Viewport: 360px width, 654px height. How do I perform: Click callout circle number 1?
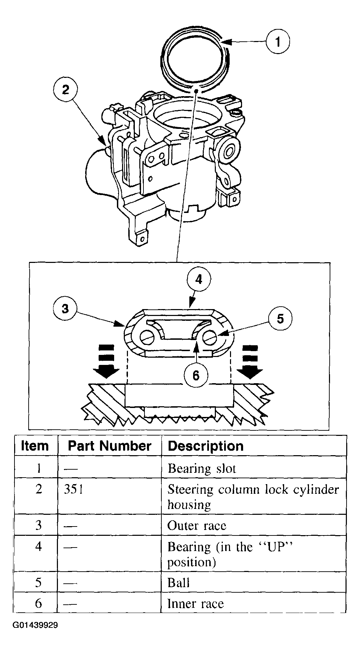point(278,42)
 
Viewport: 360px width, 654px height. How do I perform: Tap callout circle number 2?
point(65,90)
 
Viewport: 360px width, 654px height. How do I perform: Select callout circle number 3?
point(65,308)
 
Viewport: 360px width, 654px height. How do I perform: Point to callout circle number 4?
point(199,279)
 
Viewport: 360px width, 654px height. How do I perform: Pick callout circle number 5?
point(280,318)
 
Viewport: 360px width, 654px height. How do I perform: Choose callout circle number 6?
point(196,375)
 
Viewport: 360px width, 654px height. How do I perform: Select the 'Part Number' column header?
point(109,446)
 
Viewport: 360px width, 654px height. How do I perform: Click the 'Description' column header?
point(206,446)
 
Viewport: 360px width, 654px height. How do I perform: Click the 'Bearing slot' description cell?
point(202,469)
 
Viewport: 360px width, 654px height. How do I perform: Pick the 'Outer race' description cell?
point(197,525)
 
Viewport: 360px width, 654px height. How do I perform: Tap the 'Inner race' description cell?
point(196,604)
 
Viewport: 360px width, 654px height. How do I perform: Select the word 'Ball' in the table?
point(178,583)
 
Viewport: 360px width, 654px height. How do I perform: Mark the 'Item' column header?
point(35,446)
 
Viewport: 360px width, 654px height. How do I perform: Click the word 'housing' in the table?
point(189,505)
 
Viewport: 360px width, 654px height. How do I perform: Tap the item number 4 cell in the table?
point(39,546)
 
